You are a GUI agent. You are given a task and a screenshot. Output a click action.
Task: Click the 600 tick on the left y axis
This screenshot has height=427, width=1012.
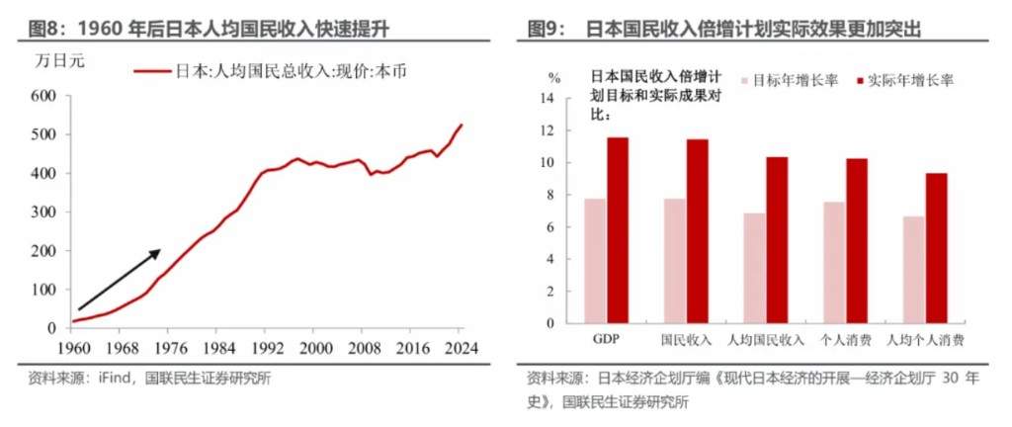click(41, 96)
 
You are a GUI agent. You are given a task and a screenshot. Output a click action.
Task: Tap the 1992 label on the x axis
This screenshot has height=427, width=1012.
click(267, 348)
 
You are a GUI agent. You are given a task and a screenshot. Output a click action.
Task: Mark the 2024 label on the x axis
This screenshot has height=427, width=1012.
click(462, 348)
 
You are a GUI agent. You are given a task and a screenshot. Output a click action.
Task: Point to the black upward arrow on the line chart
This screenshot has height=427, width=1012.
click(119, 279)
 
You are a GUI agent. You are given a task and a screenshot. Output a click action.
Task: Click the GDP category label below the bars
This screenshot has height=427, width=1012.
click(606, 340)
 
